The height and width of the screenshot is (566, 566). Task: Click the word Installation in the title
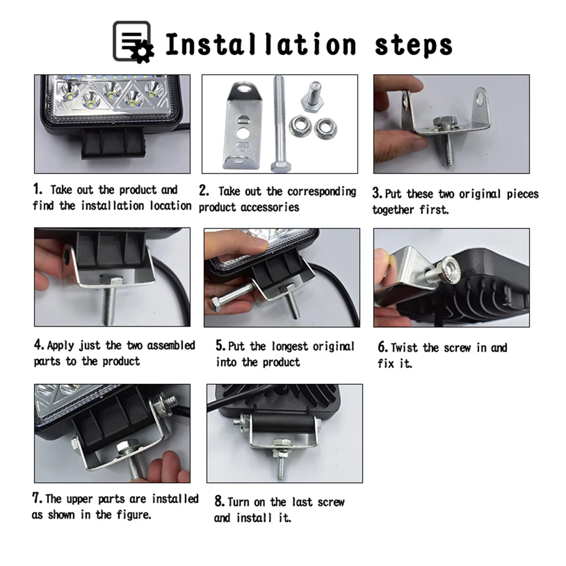coord(261,44)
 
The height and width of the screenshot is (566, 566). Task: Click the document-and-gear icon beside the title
coord(133,42)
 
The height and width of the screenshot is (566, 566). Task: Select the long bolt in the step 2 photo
coord(280,124)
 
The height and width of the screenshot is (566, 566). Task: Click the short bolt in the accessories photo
coord(312,96)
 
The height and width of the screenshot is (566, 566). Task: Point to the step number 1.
coord(37,189)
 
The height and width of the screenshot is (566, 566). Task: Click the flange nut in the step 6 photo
coord(449,270)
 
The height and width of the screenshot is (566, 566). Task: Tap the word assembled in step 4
coord(171,345)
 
